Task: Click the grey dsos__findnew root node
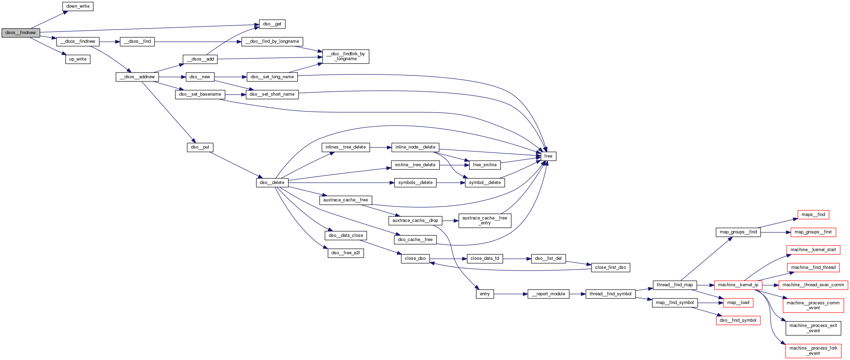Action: coord(21,33)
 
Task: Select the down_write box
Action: coord(78,6)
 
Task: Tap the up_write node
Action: coord(78,59)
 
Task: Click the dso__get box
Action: coord(272,24)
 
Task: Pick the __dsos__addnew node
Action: coord(137,77)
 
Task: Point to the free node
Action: coord(548,156)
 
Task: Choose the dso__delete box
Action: coord(272,183)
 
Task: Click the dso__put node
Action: coord(200,147)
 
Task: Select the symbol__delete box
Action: coord(485,183)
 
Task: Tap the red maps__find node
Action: coord(813,215)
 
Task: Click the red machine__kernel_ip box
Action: coord(738,285)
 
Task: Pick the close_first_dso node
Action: coord(610,267)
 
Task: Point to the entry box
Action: coord(485,294)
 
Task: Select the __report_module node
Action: coord(548,294)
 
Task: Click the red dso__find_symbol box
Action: coord(738,320)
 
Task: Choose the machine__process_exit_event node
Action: coord(813,328)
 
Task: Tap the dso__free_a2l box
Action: coord(345,253)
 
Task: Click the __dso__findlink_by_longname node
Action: coord(345,56)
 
